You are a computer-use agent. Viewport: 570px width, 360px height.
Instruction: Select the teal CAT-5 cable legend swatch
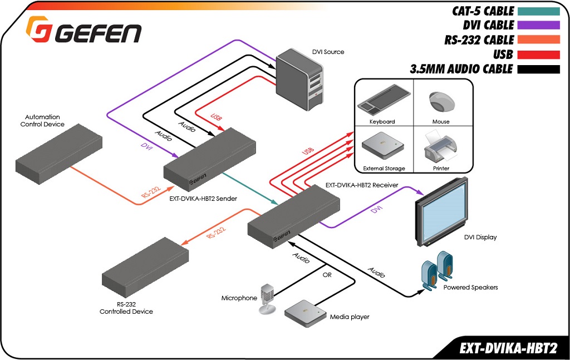538,11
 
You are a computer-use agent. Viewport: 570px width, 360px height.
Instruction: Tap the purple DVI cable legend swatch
538,25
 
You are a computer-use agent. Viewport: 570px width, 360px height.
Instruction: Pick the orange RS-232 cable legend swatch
538,40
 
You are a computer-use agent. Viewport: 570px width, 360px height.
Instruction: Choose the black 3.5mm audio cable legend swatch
538,70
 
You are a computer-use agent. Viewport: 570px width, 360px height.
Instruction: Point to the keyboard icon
382,100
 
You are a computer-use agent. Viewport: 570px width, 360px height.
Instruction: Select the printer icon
441,146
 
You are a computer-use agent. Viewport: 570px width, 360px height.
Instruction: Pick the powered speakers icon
438,270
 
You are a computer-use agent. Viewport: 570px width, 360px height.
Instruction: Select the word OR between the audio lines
328,274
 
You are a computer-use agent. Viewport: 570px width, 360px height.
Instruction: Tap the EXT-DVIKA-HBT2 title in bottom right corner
508,348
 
